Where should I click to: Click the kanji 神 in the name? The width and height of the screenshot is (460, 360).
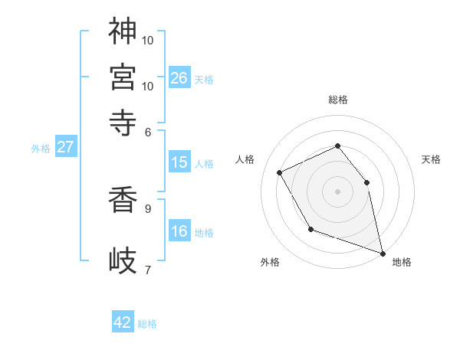point(123,31)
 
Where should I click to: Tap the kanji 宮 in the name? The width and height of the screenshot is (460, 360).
point(123,77)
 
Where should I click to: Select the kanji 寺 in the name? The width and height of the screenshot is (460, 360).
point(123,121)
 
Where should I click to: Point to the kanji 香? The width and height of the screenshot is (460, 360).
point(123,200)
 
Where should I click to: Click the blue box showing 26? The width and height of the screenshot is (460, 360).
point(179,78)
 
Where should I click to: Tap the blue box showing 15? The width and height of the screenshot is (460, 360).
point(179,162)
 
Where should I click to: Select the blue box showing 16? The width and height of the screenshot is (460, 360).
point(179,231)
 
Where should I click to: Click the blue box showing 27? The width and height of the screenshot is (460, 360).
point(65,147)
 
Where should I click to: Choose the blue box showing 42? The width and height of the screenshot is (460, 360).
point(123,322)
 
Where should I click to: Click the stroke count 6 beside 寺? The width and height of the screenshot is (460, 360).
point(148,131)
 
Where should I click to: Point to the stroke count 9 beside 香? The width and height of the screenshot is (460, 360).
point(147,207)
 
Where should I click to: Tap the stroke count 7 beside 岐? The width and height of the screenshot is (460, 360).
point(147,269)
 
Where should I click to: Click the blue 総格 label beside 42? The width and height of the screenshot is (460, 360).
point(147,324)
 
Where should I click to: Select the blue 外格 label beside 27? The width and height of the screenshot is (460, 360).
point(41,149)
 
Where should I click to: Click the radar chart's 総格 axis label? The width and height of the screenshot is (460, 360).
point(337,100)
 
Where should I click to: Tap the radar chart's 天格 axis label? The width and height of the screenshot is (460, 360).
point(431,159)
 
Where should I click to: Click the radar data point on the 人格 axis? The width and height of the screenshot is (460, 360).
point(280,173)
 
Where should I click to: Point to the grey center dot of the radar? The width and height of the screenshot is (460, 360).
point(337,191)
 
